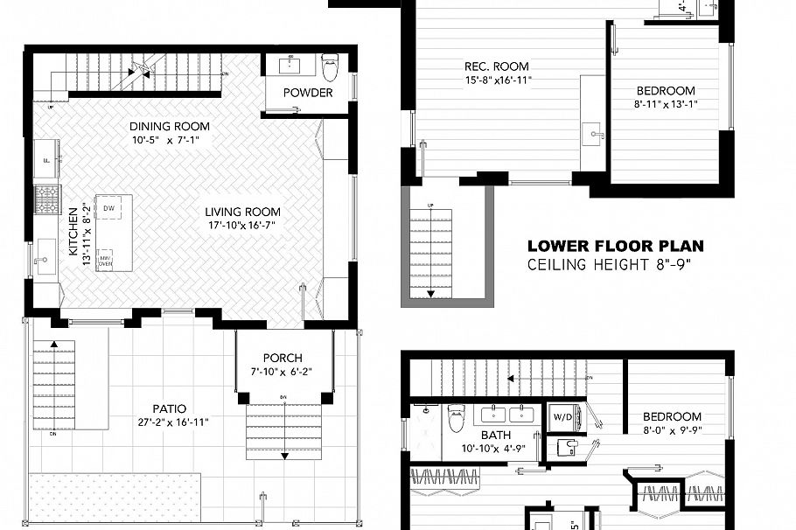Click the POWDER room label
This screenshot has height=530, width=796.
click(x=308, y=93)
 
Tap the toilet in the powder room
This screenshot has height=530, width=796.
click(x=330, y=66)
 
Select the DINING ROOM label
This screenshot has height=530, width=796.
click(x=170, y=126)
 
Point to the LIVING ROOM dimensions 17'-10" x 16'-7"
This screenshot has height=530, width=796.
click(x=242, y=226)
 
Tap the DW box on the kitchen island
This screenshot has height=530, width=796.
click(x=109, y=208)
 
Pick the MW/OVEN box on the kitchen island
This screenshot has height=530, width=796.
click(x=105, y=259)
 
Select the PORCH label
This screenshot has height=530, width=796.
click(x=282, y=358)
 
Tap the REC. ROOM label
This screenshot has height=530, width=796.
click(x=496, y=66)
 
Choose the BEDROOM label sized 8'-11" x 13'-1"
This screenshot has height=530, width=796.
click(x=665, y=90)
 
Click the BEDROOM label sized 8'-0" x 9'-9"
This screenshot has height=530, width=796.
click(x=672, y=417)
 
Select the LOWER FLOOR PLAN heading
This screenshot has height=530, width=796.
click(x=615, y=247)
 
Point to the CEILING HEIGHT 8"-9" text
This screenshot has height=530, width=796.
click(x=609, y=264)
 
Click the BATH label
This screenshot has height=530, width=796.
click(x=495, y=435)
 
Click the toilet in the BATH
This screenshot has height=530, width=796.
click(x=456, y=420)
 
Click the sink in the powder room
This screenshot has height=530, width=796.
click(x=290, y=66)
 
